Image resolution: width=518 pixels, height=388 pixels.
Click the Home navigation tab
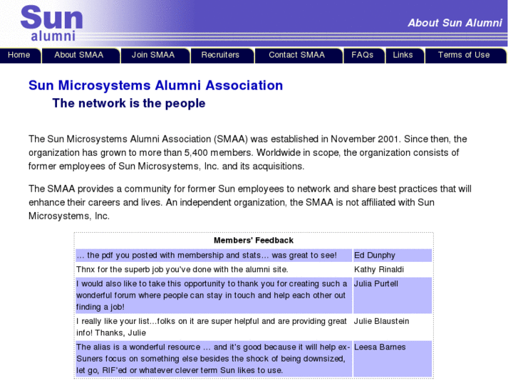point(19,55)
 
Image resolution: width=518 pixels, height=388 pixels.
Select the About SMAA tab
point(78,55)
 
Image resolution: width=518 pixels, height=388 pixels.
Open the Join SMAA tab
point(152,55)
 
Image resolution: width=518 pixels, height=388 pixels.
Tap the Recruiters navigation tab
point(220,55)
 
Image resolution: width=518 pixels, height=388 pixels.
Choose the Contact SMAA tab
point(296,55)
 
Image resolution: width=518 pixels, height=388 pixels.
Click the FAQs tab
point(362,55)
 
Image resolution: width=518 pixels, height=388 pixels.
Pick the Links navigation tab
point(403,55)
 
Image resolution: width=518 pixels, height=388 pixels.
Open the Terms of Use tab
point(464,55)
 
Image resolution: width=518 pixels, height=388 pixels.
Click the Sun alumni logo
point(51,23)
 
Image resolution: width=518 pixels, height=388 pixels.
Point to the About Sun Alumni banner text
point(455,23)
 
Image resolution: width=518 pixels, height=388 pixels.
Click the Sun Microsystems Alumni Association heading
point(155,85)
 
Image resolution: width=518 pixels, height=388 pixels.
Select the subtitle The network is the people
point(129,103)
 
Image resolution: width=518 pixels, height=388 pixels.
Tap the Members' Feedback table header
point(254,241)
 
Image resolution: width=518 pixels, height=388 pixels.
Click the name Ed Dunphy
point(375,255)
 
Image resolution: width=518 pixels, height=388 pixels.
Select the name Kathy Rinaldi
point(379,269)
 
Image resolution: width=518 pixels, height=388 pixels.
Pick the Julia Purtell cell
point(376,283)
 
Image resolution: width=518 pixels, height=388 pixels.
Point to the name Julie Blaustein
point(382,321)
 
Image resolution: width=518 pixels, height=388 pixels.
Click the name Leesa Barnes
point(380,347)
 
